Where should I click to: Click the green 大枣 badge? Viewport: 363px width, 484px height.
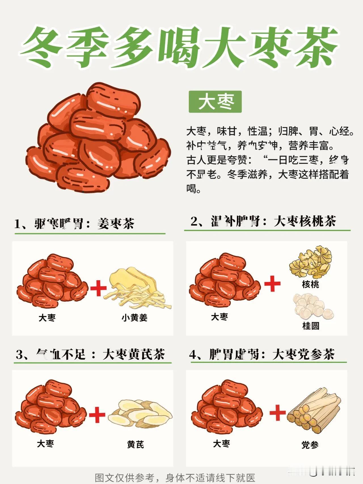click(x=215, y=102)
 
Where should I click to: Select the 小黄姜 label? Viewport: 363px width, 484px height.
click(x=134, y=318)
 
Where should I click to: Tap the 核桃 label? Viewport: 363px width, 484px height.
click(x=311, y=284)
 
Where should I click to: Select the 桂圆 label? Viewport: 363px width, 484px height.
click(x=311, y=326)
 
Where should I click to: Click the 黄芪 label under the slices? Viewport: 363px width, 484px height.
click(x=135, y=444)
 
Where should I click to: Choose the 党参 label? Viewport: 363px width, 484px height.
click(x=310, y=445)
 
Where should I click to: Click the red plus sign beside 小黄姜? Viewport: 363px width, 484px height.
click(x=98, y=288)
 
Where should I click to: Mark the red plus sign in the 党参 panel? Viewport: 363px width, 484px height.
click(x=277, y=413)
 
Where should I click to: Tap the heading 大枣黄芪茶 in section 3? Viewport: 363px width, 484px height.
click(x=134, y=355)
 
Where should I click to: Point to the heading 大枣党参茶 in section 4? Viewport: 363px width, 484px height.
click(x=303, y=355)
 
